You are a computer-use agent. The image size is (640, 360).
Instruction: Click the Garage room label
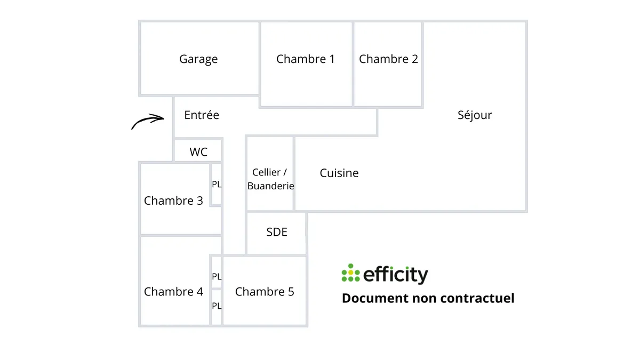click(x=198, y=59)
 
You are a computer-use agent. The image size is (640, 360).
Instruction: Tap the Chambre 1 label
click(x=305, y=59)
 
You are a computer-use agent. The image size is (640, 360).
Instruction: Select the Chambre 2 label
click(x=388, y=59)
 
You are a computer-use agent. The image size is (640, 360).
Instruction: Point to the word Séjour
click(x=475, y=115)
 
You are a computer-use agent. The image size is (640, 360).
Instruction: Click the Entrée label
click(x=202, y=115)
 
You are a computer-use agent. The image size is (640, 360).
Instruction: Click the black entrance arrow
click(x=148, y=121)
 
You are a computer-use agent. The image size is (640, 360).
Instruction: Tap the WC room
click(x=198, y=152)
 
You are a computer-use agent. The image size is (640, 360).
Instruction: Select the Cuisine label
click(x=339, y=173)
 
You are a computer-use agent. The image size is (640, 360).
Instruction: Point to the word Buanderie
click(x=270, y=186)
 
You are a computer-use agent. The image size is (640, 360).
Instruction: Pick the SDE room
click(x=277, y=232)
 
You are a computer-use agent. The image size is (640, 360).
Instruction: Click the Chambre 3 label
click(x=173, y=201)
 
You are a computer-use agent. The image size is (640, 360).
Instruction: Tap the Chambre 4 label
click(x=173, y=292)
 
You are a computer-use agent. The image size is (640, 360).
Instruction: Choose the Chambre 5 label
click(x=265, y=292)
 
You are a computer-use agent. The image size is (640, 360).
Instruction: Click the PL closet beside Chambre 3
click(x=217, y=185)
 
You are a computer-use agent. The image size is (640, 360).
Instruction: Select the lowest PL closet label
click(x=217, y=306)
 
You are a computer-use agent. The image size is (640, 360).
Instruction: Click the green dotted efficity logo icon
click(x=350, y=273)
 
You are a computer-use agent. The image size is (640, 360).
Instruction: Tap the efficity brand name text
click(x=395, y=275)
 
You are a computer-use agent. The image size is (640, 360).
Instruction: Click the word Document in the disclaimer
click(x=375, y=298)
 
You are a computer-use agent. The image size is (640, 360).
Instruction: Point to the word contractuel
click(x=477, y=298)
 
